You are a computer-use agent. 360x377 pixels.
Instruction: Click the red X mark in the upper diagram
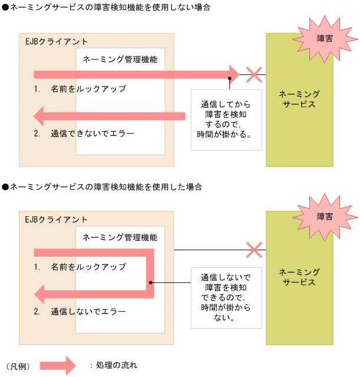point(254,75)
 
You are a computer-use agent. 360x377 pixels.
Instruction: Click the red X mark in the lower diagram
point(254,250)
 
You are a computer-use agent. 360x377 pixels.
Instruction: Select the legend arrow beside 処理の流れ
point(58,365)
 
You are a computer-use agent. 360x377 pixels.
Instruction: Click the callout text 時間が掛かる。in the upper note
point(224,134)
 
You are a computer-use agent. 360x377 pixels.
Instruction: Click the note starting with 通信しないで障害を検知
point(225,297)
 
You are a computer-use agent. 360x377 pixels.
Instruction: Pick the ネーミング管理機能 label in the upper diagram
point(120,59)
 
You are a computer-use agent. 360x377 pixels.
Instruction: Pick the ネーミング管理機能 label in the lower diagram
point(120,237)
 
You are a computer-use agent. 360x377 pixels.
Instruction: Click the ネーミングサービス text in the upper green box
point(299,99)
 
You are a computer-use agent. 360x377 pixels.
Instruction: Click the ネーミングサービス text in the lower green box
point(299,277)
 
